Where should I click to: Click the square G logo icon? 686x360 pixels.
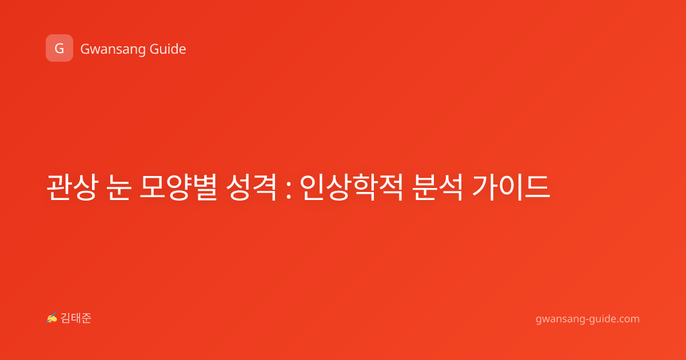coord(59,48)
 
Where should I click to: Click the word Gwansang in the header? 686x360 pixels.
coord(113,50)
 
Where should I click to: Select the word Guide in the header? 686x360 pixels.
coord(168,49)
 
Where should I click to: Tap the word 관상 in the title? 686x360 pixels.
coord(72,187)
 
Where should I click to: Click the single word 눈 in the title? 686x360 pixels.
coord(119,187)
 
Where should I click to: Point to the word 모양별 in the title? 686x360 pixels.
coord(178,187)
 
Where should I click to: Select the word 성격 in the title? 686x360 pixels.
coord(252,187)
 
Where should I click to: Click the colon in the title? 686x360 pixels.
coord(288,187)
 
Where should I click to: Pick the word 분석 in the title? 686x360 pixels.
coord(437,187)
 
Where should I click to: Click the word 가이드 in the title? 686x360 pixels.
coord(511,187)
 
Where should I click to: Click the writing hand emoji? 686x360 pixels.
coord(52,318)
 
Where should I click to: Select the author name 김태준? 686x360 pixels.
coord(76,318)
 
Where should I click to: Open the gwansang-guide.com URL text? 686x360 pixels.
coord(588,319)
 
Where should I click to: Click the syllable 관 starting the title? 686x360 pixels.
coord(59,187)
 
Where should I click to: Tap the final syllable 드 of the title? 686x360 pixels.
coord(537,187)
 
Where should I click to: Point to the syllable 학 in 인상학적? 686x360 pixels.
coord(364,187)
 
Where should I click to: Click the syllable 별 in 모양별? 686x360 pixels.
coord(205,187)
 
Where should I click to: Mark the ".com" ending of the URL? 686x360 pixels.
coord(628,319)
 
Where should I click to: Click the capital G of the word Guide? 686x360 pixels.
coord(154,49)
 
